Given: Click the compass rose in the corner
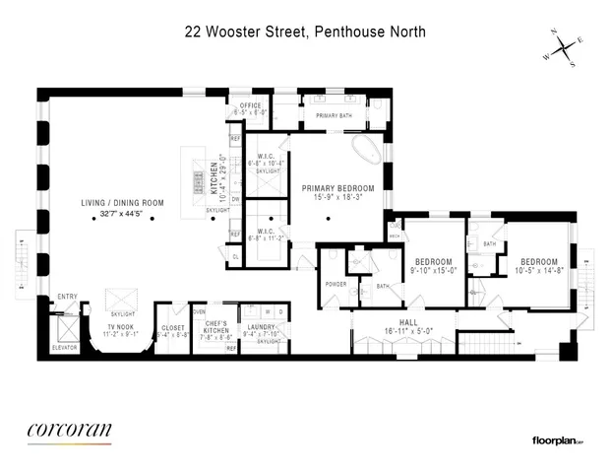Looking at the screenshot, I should point(563,44).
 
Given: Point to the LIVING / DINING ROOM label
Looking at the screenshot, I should point(122,204).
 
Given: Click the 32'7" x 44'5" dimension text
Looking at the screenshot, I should point(122,215).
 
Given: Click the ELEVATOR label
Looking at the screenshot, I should point(66,347).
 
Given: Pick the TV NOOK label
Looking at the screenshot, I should point(124,326).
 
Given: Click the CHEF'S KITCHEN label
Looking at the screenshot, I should point(215,326).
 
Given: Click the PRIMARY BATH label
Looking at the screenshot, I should point(334,116).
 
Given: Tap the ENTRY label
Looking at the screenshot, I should point(67,296).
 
